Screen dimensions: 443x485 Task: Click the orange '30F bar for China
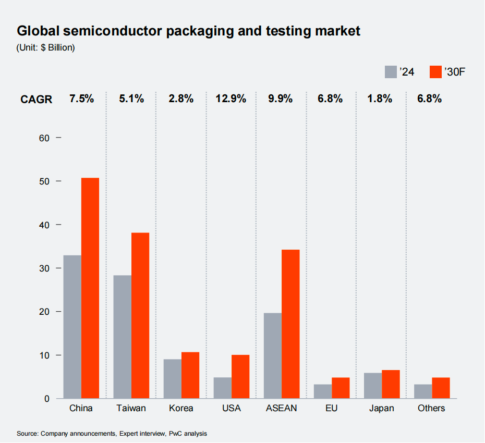[90, 288]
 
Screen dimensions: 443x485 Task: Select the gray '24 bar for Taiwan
[123, 337]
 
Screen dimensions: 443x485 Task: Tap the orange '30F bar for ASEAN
[290, 324]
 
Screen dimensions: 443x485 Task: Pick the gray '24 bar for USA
[223, 388]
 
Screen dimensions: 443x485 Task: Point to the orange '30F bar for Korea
[190, 375]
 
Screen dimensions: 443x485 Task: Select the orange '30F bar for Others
[441, 388]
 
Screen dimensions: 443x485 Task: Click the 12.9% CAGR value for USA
[231, 98]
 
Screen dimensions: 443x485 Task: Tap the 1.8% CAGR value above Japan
[381, 98]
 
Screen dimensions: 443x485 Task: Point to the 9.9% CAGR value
[281, 98]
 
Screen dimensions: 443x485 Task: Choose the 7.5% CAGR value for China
[81, 98]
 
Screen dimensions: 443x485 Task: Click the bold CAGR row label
[37, 99]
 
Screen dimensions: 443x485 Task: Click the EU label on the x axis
[331, 408]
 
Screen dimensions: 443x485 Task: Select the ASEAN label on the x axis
[281, 408]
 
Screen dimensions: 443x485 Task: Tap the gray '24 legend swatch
[391, 72]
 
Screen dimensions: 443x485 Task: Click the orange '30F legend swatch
[435, 72]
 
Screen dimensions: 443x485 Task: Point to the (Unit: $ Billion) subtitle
[46, 47]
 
